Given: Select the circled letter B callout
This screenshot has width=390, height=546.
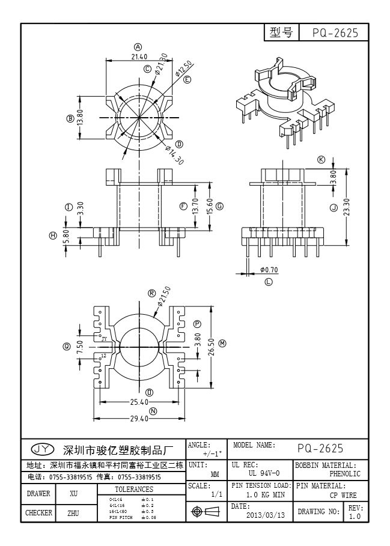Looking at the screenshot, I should pyautogui.click(x=70, y=119).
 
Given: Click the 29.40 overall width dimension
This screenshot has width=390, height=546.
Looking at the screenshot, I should pyautogui.click(x=139, y=419).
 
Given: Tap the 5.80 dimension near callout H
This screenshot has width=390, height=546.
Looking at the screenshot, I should pyautogui.click(x=66, y=235).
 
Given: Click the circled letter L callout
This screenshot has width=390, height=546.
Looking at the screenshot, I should pyautogui.click(x=269, y=281).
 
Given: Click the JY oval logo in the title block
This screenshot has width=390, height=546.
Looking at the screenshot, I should pyautogui.click(x=42, y=449).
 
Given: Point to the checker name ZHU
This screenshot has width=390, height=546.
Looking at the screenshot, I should pyautogui.click(x=73, y=514).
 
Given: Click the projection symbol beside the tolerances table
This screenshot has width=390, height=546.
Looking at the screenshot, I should pyautogui.click(x=204, y=511).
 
